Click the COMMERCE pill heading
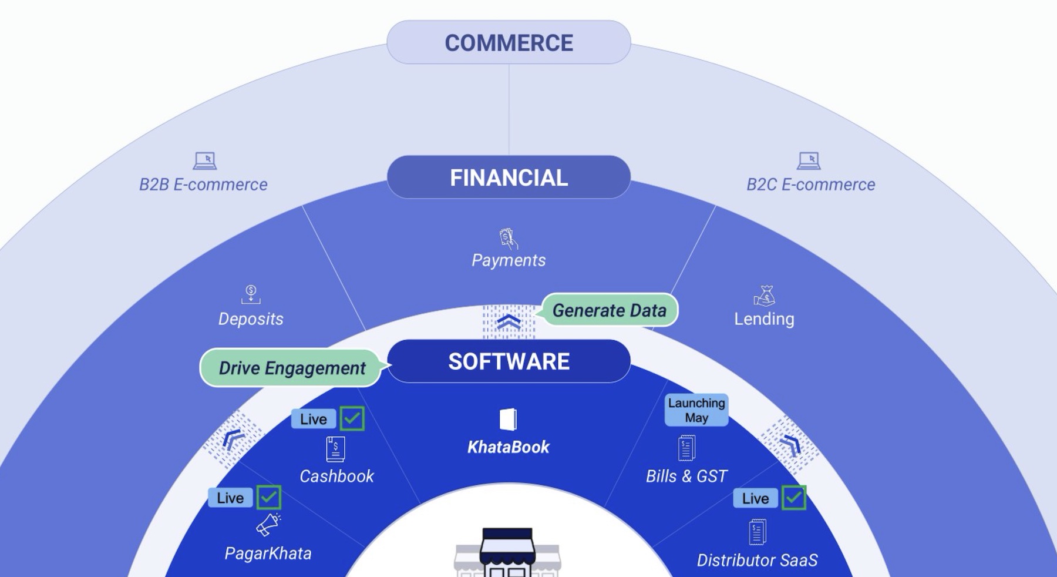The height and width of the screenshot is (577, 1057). click(x=509, y=42)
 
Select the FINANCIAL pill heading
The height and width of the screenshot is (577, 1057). click(x=509, y=177)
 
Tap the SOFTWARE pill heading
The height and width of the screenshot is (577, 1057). click(x=509, y=361)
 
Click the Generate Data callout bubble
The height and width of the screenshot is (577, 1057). click(x=609, y=310)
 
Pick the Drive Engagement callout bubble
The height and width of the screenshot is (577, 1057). click(x=291, y=368)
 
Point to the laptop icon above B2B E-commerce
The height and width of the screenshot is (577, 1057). click(x=204, y=160)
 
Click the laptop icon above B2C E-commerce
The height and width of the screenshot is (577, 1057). click(x=809, y=160)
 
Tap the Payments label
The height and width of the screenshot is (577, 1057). click(x=509, y=260)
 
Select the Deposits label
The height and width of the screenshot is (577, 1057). click(x=251, y=319)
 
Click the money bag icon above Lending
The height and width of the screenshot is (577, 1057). click(x=765, y=296)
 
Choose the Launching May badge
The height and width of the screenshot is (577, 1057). click(x=696, y=410)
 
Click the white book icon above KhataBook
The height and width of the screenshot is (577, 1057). click(x=508, y=420)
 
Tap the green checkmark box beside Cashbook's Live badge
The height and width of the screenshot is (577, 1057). click(x=352, y=418)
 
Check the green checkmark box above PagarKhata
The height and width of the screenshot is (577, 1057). click(x=269, y=498)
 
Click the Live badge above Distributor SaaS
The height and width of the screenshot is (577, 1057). click(x=755, y=498)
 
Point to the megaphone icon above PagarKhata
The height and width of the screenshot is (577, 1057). click(x=268, y=524)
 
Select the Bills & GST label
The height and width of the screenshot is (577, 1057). click(x=686, y=476)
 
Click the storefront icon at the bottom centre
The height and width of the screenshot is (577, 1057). click(x=508, y=552)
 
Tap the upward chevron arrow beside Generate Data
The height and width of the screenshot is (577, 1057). click(x=509, y=321)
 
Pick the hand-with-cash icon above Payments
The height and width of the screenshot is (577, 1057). click(x=508, y=238)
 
